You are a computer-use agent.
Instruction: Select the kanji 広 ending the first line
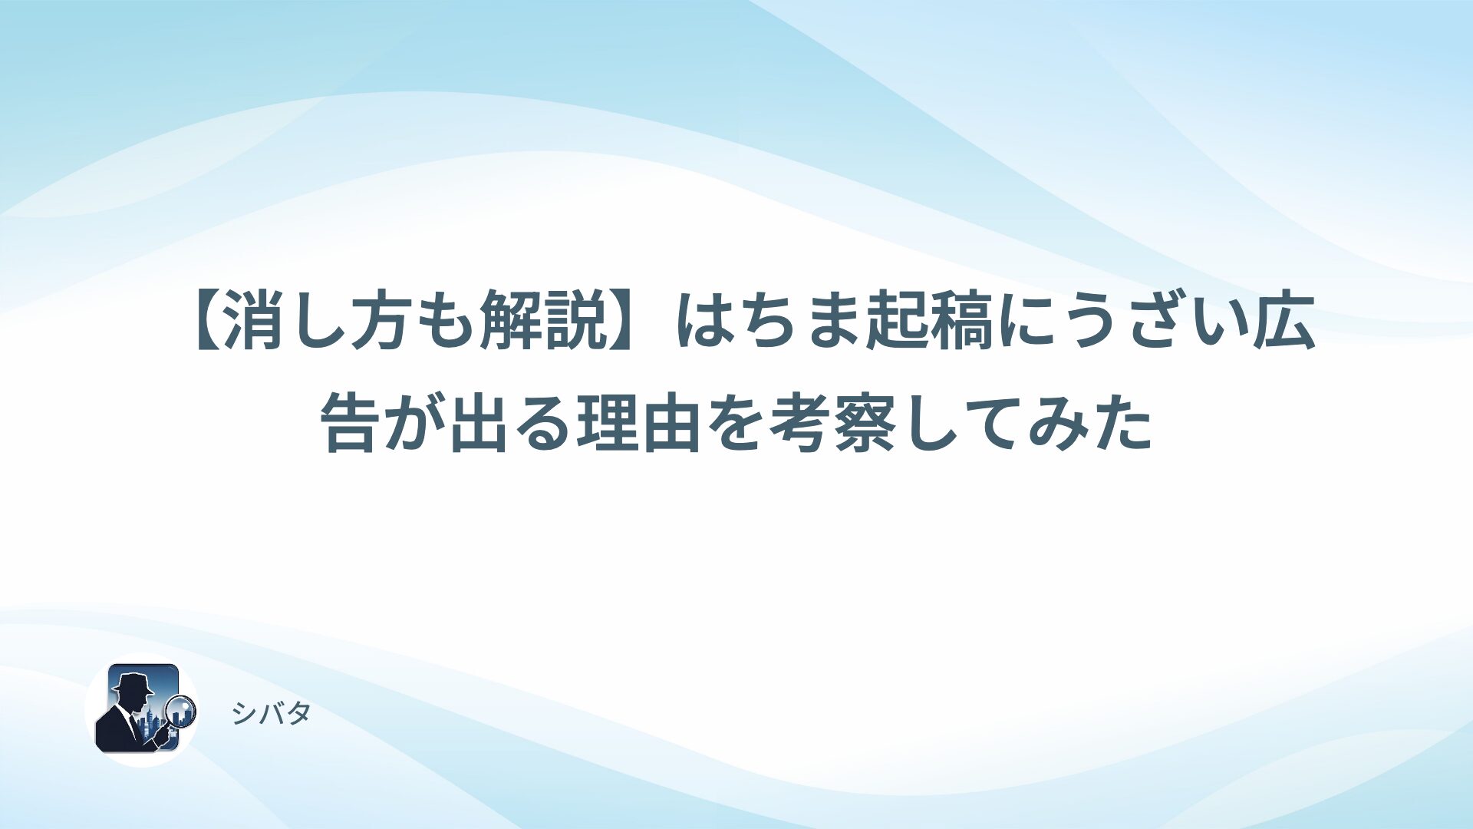point(1282,323)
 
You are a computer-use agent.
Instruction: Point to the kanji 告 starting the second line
point(350,423)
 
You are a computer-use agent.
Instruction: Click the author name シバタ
point(271,714)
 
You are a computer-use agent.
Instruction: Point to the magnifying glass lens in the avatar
point(182,710)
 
